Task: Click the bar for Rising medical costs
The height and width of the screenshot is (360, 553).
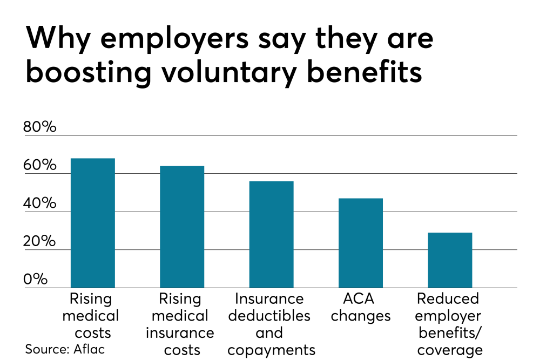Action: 92,222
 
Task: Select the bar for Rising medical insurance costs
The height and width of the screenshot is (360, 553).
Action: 181,227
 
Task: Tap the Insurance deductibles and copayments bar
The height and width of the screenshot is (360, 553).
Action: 271,234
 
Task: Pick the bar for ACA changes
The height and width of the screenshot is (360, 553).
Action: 360,243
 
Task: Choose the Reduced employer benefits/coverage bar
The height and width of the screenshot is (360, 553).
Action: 449,260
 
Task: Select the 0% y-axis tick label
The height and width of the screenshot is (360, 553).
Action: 36,280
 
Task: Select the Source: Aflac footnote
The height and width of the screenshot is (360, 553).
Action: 65,349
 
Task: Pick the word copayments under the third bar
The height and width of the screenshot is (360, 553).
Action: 271,350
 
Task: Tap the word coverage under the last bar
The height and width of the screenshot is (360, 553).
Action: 449,350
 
